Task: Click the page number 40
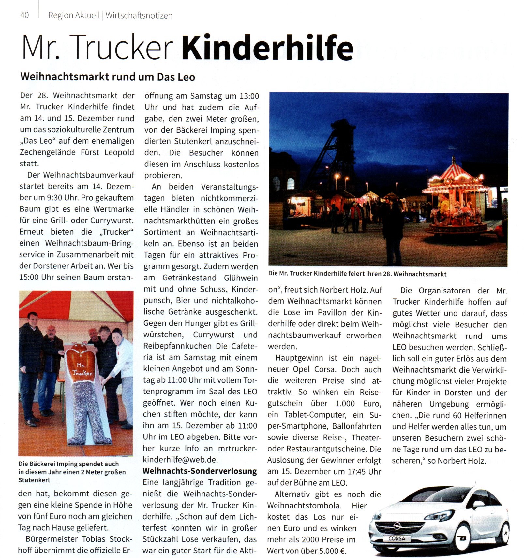tap(24, 15)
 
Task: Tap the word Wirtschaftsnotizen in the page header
tap(139, 15)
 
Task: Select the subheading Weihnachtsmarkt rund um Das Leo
tap(108, 77)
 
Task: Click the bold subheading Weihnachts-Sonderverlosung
tap(200, 471)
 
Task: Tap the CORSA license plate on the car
tap(397, 538)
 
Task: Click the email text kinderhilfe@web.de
tap(180, 460)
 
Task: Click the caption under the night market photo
tap(357, 274)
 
